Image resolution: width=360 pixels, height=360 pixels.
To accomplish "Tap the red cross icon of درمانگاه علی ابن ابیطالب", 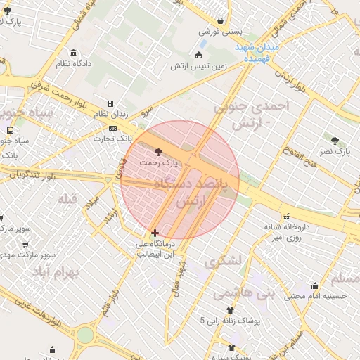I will tap(155, 233).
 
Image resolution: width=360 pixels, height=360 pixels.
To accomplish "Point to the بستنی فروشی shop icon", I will tap(221, 20).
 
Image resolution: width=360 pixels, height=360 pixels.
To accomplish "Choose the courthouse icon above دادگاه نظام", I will tap(74, 53).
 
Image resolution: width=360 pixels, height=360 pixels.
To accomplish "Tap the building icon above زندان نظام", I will tap(110, 103).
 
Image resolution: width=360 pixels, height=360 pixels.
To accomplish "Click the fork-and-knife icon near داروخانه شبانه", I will tap(287, 217).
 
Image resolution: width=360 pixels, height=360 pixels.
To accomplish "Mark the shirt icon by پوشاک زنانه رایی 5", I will tap(229, 309).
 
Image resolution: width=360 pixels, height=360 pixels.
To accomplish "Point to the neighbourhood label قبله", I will tap(67, 198).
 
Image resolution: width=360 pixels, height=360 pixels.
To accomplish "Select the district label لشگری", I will tap(224, 261).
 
